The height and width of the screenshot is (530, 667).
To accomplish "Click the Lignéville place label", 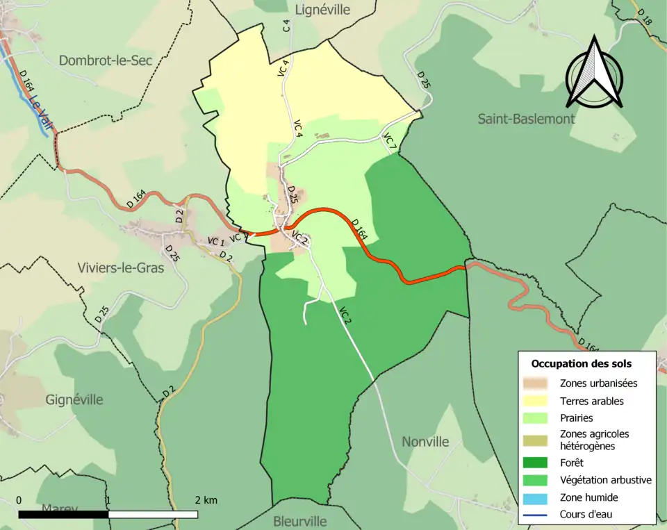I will click(322, 10).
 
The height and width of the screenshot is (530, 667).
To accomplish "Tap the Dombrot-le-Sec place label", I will click(106, 60).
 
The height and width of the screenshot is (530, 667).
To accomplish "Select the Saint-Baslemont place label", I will click(526, 119).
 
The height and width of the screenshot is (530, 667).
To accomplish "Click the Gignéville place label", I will click(74, 399).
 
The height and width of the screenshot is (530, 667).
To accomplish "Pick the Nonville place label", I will click(425, 442).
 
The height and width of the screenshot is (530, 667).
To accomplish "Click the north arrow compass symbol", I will click(593, 73).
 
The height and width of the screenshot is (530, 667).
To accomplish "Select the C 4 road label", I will click(286, 26).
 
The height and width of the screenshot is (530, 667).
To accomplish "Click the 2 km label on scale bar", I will click(206, 500).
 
